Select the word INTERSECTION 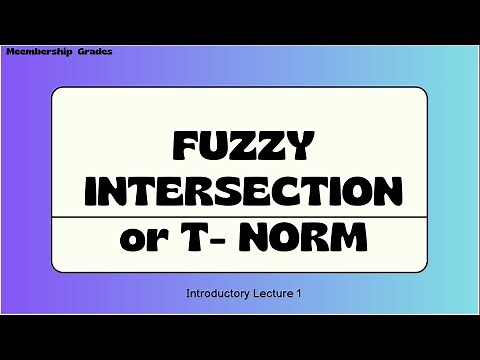click(239, 192)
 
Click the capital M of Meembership click(11, 49)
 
